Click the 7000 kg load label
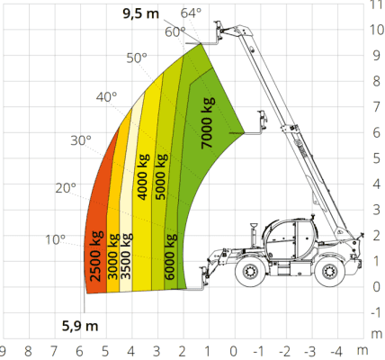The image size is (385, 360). [x=208, y=122]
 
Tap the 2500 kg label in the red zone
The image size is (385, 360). [x=96, y=256]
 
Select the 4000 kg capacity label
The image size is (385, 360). [x=143, y=176]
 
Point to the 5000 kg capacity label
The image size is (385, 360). [x=161, y=176]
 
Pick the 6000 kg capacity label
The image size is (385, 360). [x=170, y=256]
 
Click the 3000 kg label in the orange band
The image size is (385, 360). [x=113, y=256]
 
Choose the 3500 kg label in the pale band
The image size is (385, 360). [x=126, y=256]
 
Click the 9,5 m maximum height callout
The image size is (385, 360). [x=140, y=13]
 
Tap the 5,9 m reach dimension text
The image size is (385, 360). [x=80, y=326]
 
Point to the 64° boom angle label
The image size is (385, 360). [x=191, y=13]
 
